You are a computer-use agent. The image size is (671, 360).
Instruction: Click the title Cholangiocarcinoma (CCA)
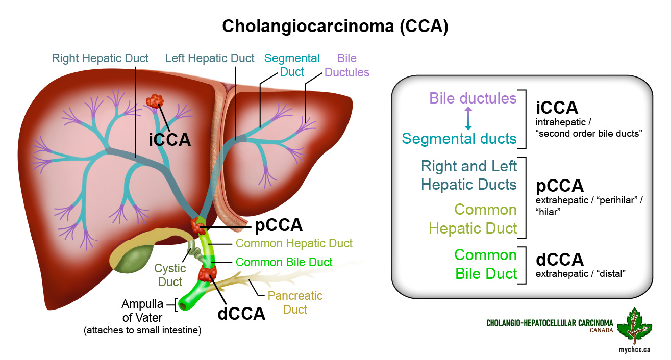coord(335,27)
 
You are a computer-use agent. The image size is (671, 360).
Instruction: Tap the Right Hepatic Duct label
coord(100,58)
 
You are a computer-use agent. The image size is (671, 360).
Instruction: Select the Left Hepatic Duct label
coord(210,58)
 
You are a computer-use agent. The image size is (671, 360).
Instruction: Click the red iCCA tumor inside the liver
coord(155,101)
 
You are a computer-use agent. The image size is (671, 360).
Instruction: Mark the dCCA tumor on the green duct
coord(207,273)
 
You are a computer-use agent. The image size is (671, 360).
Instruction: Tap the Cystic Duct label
coord(170,275)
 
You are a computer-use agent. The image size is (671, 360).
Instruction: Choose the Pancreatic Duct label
coord(295,302)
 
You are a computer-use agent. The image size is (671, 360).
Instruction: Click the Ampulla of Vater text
coord(142,311)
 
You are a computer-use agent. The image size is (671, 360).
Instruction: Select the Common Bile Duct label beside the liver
coord(284,262)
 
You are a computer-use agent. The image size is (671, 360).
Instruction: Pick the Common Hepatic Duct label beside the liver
coord(294,243)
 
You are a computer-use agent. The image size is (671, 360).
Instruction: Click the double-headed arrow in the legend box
coord(468,118)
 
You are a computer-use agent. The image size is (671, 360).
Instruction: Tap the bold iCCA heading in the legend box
coord(557,108)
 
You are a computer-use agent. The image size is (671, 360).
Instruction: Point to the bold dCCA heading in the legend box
coord(560,260)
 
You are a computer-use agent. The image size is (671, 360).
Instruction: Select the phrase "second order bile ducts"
coord(589,134)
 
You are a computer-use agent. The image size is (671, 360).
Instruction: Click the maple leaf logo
coord(634,326)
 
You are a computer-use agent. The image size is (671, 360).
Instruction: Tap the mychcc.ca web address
coord(634,349)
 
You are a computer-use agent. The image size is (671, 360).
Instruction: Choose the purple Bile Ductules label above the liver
coord(347,65)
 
